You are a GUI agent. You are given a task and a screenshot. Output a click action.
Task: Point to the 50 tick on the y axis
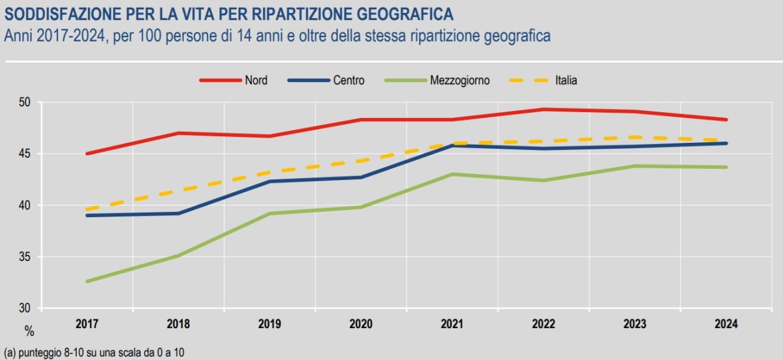[x=25, y=102]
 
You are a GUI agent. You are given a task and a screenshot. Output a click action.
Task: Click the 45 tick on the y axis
[x=25, y=154]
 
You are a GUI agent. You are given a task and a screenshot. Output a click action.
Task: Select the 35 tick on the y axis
[x=25, y=257]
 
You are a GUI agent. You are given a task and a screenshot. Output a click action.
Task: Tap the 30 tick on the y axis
[x=25, y=308]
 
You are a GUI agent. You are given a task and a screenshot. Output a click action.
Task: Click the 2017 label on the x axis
[x=87, y=324]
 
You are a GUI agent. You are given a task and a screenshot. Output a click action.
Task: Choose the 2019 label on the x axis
[x=269, y=324]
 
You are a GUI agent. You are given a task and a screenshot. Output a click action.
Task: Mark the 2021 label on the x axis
[x=452, y=324]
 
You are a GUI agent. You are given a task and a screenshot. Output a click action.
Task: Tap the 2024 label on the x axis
[x=727, y=324]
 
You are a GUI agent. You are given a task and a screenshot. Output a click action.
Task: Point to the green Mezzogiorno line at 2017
[x=87, y=281]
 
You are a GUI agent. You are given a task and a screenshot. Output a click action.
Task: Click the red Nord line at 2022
[x=544, y=110]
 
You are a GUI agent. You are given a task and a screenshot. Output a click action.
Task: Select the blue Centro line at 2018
[x=178, y=213]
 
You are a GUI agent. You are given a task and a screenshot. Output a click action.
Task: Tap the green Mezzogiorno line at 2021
[x=452, y=174]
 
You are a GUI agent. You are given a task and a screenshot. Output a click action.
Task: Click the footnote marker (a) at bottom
[x=9, y=352]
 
